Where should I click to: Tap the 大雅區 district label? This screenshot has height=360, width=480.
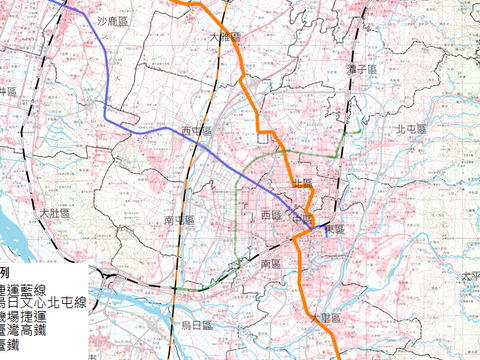click(226, 36)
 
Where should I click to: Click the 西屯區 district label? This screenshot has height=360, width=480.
click(196, 130)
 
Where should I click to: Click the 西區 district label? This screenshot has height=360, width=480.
click(271, 215)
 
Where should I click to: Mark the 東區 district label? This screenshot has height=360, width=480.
click(333, 229)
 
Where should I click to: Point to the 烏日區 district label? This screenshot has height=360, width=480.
click(197, 324)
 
